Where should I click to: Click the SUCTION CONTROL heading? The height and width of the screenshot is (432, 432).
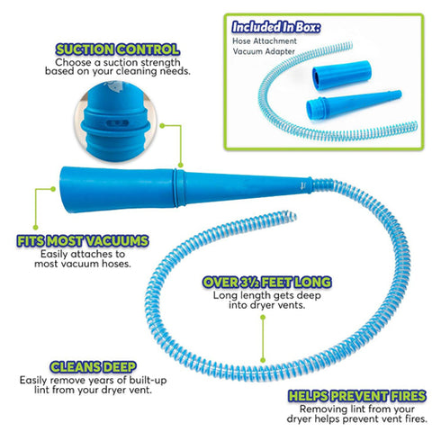pyautogui.click(x=118, y=49)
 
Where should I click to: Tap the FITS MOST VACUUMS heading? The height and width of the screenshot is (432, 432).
pyautogui.click(x=83, y=241)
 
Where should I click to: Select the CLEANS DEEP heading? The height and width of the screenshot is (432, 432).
pyautogui.click(x=93, y=367)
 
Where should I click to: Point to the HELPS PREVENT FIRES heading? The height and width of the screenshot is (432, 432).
pyautogui.click(x=357, y=396)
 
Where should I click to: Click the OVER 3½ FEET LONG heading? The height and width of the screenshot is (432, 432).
pyautogui.click(x=267, y=283)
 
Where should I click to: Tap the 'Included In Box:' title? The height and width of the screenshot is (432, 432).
pyautogui.click(x=276, y=27)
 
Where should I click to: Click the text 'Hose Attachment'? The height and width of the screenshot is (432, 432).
pyautogui.click(x=265, y=40)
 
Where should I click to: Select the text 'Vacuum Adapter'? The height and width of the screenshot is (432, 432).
pyautogui.click(x=264, y=51)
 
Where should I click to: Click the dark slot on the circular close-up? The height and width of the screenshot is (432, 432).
pyautogui.click(x=118, y=123)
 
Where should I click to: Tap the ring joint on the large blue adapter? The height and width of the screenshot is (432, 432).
pyautogui.click(x=179, y=188)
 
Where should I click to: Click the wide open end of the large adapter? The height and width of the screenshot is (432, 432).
pyautogui.click(x=64, y=190)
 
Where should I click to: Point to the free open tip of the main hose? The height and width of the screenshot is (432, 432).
pyautogui.click(x=291, y=215)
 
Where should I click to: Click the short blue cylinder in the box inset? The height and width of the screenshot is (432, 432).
pyautogui.click(x=342, y=75)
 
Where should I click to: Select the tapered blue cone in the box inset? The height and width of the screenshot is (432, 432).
pyautogui.click(x=354, y=104)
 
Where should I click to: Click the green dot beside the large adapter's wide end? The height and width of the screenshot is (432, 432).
pyautogui.click(x=53, y=189)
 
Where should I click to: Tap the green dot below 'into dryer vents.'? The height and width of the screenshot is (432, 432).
pyautogui.click(x=263, y=317)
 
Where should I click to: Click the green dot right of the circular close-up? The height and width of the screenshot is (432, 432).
pyautogui.click(x=162, y=126)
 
